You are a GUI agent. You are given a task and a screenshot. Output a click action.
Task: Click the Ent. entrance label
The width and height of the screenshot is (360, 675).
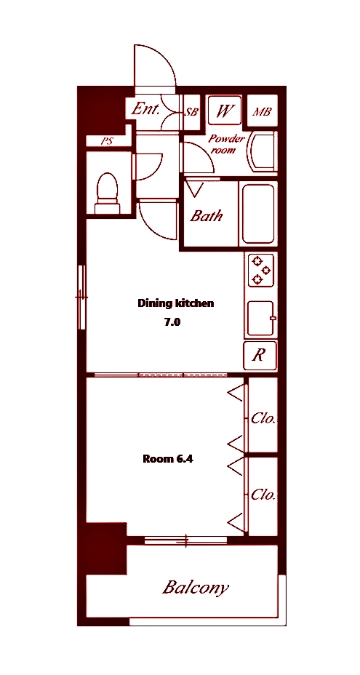pos(145,109)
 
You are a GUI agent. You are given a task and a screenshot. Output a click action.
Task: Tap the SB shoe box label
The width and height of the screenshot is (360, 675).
pos(191,112)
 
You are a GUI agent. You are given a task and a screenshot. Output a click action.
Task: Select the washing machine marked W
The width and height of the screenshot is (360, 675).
pos(224,110)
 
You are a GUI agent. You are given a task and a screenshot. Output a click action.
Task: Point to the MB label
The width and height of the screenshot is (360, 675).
pos(262,112)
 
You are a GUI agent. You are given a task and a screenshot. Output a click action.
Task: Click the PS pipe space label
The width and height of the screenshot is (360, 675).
pos(106,141)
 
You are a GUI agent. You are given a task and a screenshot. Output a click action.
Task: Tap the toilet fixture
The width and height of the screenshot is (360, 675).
pos(107,193)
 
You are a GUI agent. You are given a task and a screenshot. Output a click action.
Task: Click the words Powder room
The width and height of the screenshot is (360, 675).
pos(225,144)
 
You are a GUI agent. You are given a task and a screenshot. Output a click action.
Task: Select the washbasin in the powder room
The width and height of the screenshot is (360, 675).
pos(261,153)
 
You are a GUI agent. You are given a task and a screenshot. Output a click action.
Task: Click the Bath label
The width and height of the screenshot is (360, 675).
pos(207,215)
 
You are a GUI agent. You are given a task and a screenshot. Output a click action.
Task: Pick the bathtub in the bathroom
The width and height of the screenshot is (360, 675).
pos(258,214)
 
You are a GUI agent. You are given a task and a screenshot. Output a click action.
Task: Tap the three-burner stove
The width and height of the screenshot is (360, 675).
pos(261,270)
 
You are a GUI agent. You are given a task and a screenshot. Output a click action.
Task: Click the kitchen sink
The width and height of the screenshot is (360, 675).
pos(261,318)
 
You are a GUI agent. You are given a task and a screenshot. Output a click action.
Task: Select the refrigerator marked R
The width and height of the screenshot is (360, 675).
pos(260,356)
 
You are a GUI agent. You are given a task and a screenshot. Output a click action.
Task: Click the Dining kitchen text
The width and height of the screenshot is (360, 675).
pos(176,303)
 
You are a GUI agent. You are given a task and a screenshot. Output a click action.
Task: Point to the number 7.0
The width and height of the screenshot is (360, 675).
pos(172,322)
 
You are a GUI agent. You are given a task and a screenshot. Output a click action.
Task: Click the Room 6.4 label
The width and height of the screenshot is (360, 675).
pos(167,459)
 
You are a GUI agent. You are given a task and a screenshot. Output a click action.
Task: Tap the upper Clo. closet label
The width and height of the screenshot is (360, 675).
pos(263,418)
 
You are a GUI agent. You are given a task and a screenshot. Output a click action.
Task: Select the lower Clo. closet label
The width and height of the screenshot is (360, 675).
pos(263,495)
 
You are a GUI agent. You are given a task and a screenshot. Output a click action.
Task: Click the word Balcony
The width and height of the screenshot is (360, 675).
pos(196,587)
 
